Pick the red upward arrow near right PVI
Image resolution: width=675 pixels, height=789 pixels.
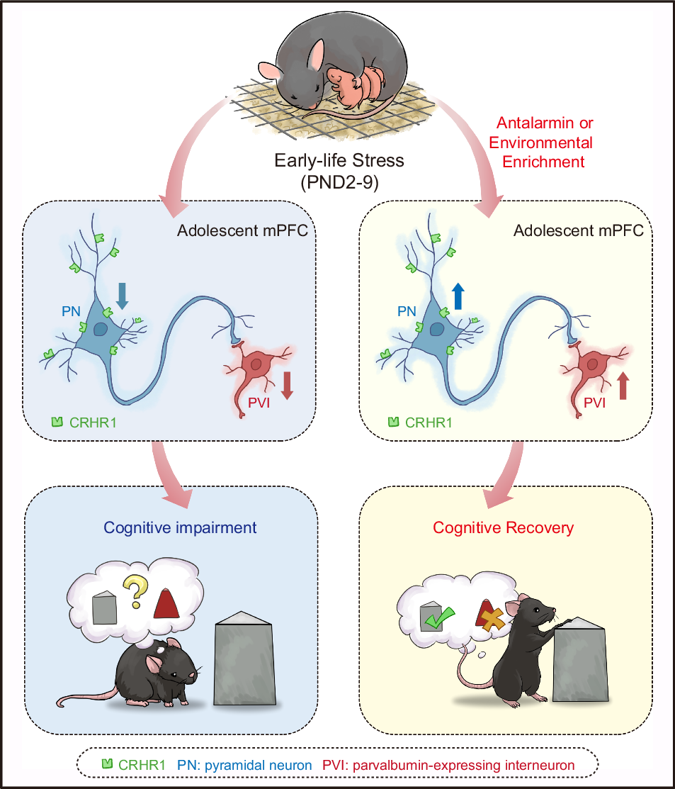623,386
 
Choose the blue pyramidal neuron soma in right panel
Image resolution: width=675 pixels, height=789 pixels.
433,328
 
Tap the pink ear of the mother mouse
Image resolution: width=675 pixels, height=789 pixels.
268,70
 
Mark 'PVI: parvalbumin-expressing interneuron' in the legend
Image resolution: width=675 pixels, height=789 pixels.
448,766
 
